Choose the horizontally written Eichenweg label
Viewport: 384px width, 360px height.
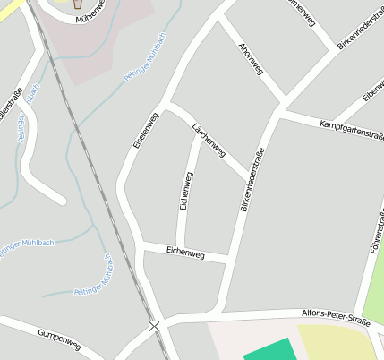[185, 254]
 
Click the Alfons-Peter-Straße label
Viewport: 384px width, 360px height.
[337, 316]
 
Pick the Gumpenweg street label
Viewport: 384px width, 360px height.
[59, 339]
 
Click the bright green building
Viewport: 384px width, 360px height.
[269, 350]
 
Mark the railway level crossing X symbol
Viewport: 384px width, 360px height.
[155, 327]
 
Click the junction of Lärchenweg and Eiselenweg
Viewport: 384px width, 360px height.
[167, 104]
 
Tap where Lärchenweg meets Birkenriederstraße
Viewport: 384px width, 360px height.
[248, 177]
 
